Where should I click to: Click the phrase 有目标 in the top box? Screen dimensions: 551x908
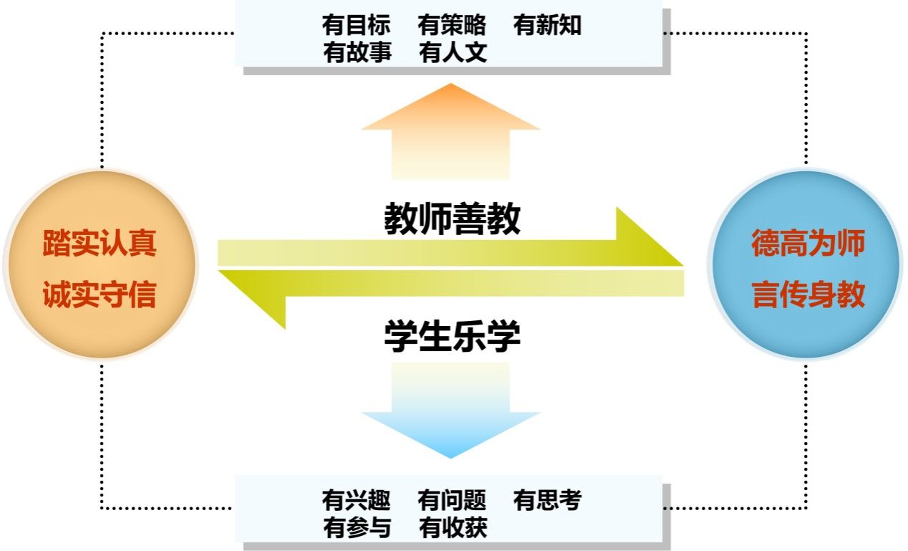tap(356, 26)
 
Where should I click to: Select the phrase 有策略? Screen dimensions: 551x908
tap(452, 26)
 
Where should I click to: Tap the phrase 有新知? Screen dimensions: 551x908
tap(547, 26)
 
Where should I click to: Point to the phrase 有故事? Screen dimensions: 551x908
tap(357, 52)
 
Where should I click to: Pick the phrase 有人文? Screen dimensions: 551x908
tap(453, 52)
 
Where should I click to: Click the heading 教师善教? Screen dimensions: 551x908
tap(452, 219)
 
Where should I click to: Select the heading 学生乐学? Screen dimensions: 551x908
tap(452, 335)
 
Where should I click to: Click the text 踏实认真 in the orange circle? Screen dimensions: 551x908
tap(100, 244)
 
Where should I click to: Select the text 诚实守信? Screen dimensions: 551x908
tap(100, 294)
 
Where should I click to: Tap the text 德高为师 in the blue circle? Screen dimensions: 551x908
tap(808, 244)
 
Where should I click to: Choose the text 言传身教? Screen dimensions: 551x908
tap(808, 294)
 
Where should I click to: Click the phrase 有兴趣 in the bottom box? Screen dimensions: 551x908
tap(356, 501)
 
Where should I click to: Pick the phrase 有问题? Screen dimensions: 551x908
tap(452, 501)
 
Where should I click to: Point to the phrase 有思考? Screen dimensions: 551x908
tap(547, 501)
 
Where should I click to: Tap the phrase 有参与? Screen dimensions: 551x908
tap(357, 528)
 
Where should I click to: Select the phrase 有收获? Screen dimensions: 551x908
tap(453, 528)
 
